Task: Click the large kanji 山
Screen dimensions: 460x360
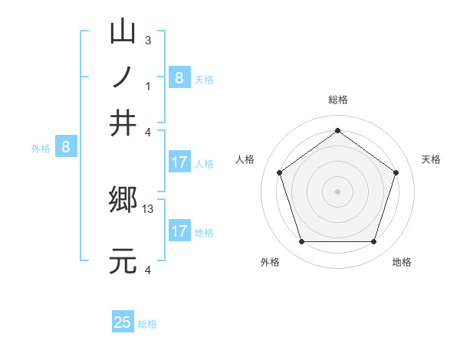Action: (x=123, y=33)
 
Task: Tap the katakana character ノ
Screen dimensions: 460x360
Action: (x=123, y=77)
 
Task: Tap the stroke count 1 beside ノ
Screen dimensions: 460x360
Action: (x=148, y=85)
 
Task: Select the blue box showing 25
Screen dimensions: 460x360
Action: (x=123, y=322)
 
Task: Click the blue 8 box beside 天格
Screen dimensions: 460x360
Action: (x=179, y=77)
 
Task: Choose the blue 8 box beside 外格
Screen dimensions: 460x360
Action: (x=66, y=147)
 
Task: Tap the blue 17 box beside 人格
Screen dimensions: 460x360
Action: (x=179, y=162)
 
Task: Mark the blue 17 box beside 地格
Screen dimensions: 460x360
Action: (x=179, y=231)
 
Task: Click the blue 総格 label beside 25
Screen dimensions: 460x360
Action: (x=147, y=324)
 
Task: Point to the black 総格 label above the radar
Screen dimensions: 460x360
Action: (x=337, y=100)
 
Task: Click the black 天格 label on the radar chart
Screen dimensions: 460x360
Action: (x=431, y=159)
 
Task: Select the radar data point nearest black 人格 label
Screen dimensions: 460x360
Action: (x=280, y=173)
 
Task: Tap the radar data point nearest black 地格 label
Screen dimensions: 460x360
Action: (x=373, y=242)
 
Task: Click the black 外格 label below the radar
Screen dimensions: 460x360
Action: (x=270, y=262)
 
